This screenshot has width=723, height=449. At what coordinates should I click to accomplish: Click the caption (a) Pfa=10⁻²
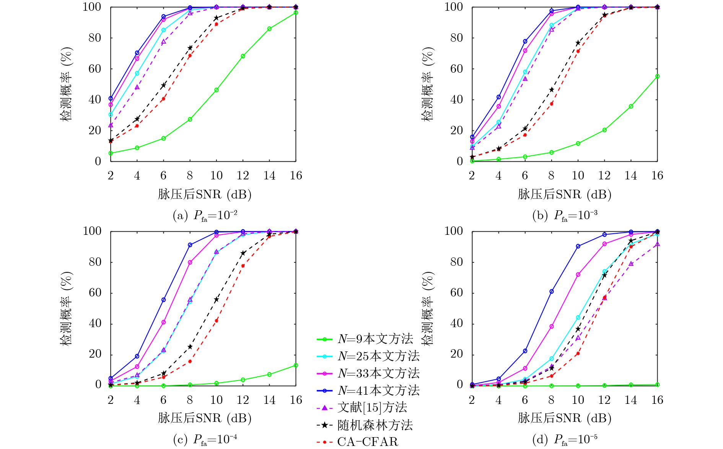point(205,216)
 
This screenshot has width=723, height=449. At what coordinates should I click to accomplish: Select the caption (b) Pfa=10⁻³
point(565,216)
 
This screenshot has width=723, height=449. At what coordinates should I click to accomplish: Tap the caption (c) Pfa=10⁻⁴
point(205,440)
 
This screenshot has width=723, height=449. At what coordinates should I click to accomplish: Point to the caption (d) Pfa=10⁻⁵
point(565,440)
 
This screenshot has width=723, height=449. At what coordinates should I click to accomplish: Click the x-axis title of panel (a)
point(205,194)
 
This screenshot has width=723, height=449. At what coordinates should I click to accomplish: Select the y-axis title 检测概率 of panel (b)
point(428,84)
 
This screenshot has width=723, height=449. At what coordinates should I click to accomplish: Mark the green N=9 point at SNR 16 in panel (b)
point(657,76)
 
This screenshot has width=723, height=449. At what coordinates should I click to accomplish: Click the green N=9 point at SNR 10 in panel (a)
point(217,90)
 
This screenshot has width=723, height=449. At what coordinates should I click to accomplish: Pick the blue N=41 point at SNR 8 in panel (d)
point(551,291)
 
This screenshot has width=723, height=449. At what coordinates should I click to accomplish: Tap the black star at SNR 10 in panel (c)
point(217,299)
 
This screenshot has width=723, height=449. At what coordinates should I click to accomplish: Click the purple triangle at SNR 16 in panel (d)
point(657,244)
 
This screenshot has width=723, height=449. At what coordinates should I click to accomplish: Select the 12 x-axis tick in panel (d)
point(604,400)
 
